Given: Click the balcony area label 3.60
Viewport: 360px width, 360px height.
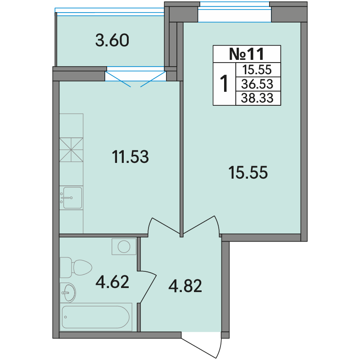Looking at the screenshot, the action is tap(112, 40).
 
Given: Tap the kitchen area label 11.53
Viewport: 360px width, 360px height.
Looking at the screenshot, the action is tap(130, 157).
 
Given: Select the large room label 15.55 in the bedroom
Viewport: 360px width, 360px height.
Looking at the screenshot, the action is tap(248, 172).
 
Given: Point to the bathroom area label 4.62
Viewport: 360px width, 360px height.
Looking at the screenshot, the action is tap(112, 282).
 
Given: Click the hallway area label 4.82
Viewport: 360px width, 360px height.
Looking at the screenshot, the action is tap(185, 286).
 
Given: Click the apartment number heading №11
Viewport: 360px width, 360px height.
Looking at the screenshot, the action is tap(247, 54).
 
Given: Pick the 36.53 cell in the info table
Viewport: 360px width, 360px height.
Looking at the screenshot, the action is tap(257, 84).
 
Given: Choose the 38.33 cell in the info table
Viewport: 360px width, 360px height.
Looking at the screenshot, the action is tap(257, 98).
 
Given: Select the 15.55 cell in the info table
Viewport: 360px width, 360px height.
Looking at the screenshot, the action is tap(257, 70).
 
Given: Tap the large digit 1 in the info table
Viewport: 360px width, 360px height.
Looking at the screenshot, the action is tap(224, 84).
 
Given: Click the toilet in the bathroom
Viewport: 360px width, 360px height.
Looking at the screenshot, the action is tap(76, 267).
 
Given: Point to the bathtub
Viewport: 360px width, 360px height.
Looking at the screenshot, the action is tap(96, 317).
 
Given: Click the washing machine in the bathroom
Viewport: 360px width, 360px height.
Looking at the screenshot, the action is tap(124, 247).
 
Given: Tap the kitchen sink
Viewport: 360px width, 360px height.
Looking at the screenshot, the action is tap(71, 198).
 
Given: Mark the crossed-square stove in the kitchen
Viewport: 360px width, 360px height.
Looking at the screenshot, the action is tap(71, 150).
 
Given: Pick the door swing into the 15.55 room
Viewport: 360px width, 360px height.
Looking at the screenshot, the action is tap(201, 225).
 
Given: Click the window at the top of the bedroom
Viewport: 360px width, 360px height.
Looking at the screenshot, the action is tap(234, 12).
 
